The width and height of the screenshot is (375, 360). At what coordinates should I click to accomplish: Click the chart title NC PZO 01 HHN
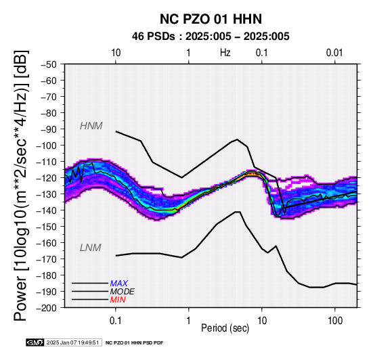coord(211,19)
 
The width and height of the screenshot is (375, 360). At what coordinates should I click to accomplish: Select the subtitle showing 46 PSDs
coord(211,37)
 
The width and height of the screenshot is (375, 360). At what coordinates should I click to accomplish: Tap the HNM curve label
coord(91,126)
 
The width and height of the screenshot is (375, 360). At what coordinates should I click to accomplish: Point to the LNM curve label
coord(91,248)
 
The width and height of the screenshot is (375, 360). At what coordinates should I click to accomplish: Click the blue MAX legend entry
coord(119,284)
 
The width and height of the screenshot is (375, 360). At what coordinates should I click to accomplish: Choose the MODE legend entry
coord(123,292)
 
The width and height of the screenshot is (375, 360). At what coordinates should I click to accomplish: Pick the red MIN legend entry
coord(118,300)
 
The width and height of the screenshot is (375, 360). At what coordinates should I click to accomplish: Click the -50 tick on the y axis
coord(49,64)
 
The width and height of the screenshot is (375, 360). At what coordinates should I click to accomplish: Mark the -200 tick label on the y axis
coord(47,308)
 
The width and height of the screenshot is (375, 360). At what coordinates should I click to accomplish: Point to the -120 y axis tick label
coord(47,178)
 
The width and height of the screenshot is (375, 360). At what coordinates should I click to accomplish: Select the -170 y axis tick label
coord(47,259)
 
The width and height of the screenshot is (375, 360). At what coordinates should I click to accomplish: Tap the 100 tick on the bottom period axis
coord(335,321)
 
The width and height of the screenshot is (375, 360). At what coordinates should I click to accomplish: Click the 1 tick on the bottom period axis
coord(189,321)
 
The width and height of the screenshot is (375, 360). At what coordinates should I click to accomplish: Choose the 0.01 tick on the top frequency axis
coord(334,53)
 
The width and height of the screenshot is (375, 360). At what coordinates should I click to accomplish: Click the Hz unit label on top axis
coord(225,53)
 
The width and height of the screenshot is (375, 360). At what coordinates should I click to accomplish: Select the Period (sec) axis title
coord(225,328)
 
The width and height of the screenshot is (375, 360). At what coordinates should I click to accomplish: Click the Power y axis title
coord(21,185)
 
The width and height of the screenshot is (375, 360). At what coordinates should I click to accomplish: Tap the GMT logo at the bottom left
coord(35,343)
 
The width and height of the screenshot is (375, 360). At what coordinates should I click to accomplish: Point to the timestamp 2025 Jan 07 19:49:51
coord(72,343)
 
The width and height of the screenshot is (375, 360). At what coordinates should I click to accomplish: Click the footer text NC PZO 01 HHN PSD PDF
coord(135,343)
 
